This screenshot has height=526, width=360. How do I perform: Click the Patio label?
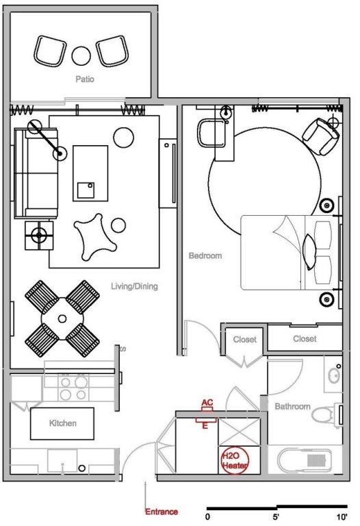point(85,79)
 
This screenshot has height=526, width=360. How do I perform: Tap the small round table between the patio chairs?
point(81,55)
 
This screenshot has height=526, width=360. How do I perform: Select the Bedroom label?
point(205,255)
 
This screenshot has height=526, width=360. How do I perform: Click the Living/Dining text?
point(134,286)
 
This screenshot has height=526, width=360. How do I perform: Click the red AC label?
point(207,402)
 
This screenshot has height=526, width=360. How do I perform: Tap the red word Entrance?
point(162,512)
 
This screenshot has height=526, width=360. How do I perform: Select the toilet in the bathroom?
point(324,414)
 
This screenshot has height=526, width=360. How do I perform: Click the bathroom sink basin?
point(334,376)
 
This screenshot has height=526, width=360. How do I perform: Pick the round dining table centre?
point(62,318)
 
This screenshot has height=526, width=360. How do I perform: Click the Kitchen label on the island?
point(63,423)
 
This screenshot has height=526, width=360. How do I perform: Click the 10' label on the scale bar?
point(342,516)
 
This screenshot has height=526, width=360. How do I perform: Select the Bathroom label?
point(292,407)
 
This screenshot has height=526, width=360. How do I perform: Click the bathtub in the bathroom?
point(304,460)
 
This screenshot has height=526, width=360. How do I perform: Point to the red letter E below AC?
point(205,427)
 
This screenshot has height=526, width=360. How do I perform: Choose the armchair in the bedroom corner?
point(320,136)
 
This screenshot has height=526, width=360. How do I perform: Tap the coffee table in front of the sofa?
point(90,173)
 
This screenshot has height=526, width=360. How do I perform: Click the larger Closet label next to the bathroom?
point(305,339)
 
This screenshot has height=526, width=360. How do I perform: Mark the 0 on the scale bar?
point(208,517)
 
